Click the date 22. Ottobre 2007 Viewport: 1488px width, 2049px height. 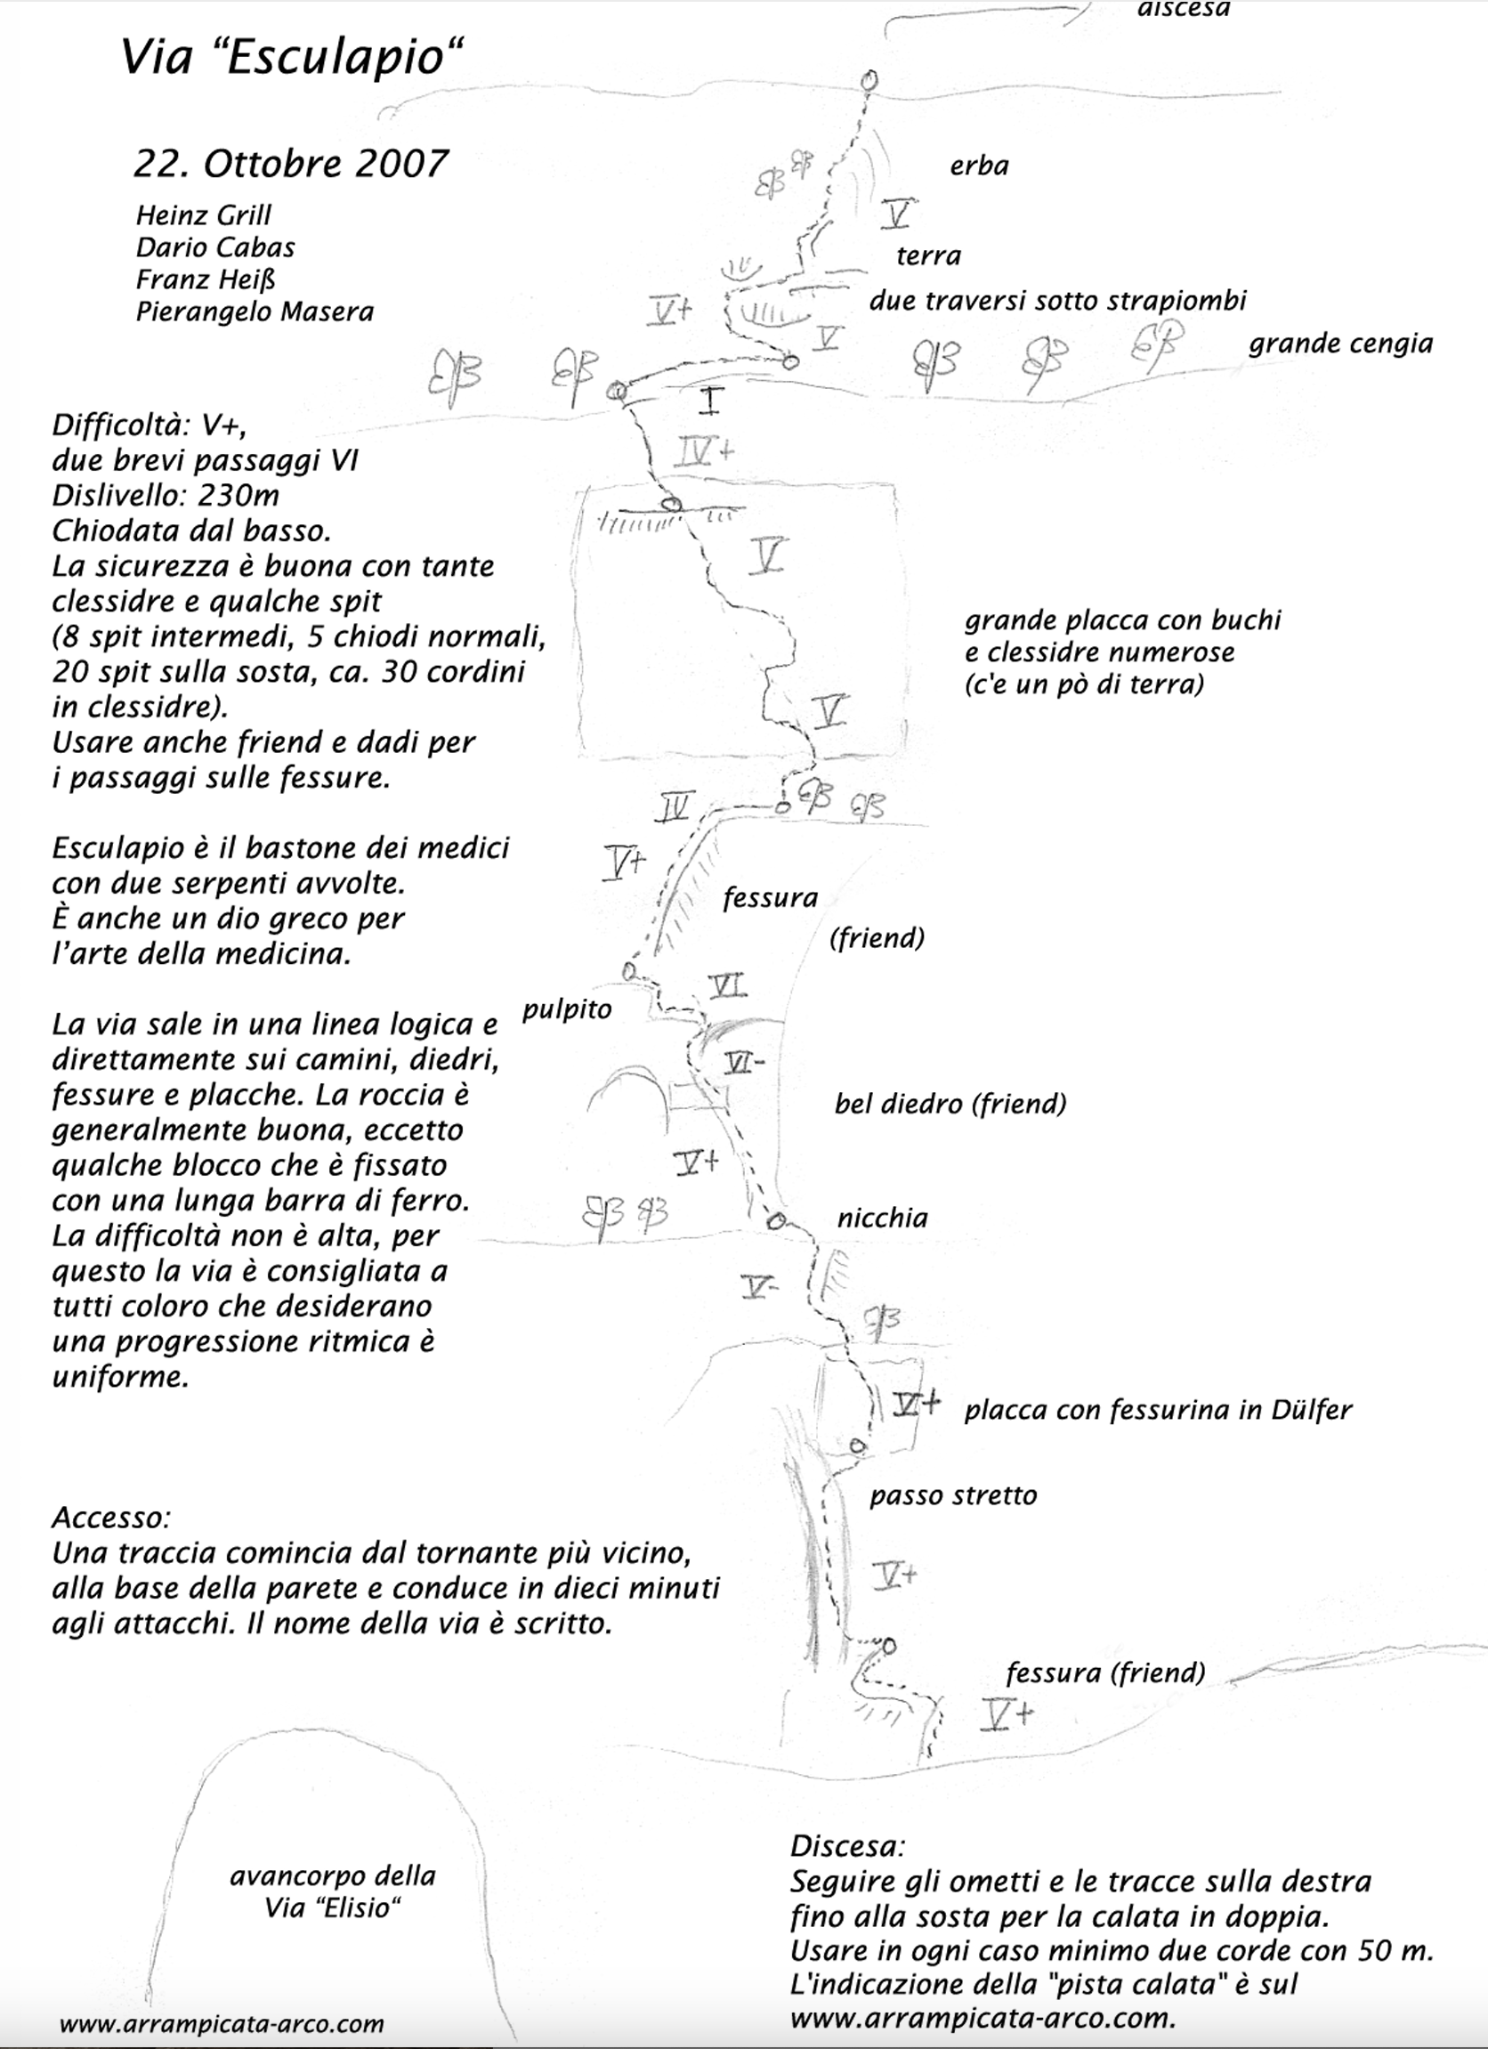coord(291,164)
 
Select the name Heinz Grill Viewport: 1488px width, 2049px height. coord(203,215)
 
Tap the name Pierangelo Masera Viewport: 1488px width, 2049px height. coord(254,312)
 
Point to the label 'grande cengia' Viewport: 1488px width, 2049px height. coord(1340,344)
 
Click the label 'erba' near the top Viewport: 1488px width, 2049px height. coord(979,166)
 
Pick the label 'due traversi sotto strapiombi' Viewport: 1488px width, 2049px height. coord(1057,300)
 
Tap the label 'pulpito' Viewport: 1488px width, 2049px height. coord(567,1009)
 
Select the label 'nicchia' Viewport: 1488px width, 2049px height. coord(882,1218)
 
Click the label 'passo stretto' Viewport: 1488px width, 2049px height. coord(952,1495)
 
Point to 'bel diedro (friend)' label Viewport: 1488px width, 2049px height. coord(950,1103)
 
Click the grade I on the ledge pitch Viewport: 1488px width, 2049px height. coord(710,401)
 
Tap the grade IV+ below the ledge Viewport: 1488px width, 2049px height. coord(703,449)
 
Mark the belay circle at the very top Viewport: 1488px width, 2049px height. coord(869,79)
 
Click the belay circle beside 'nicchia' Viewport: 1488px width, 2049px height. coord(775,1221)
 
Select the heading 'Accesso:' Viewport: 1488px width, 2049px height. coord(111,1517)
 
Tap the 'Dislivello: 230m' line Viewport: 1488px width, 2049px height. coord(166,495)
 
